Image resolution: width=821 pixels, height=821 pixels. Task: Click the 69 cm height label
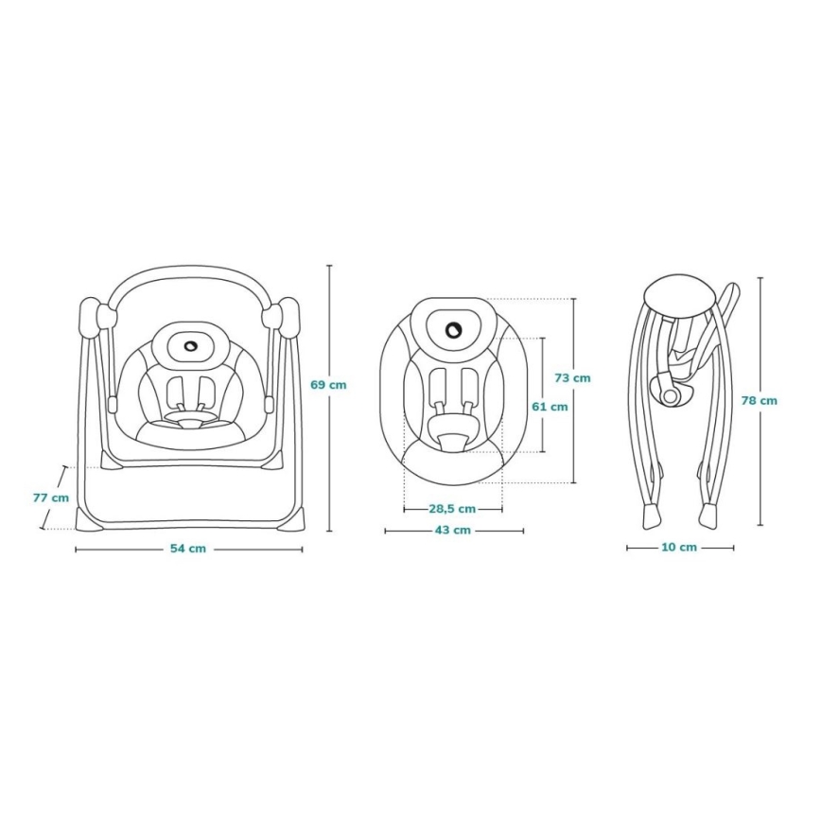point(328,385)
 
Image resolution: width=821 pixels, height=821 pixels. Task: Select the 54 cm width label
point(189,550)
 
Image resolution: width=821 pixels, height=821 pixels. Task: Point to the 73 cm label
point(572,378)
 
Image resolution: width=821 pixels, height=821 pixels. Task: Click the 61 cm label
point(550,407)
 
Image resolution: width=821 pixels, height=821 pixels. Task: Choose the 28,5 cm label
point(452,509)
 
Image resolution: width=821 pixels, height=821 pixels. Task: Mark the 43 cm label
point(453,531)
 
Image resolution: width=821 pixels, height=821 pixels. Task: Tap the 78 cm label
point(760,401)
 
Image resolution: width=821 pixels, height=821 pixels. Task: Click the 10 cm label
point(679,548)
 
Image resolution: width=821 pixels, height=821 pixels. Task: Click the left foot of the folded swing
point(650,516)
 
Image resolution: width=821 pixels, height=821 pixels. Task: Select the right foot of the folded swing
point(709,515)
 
